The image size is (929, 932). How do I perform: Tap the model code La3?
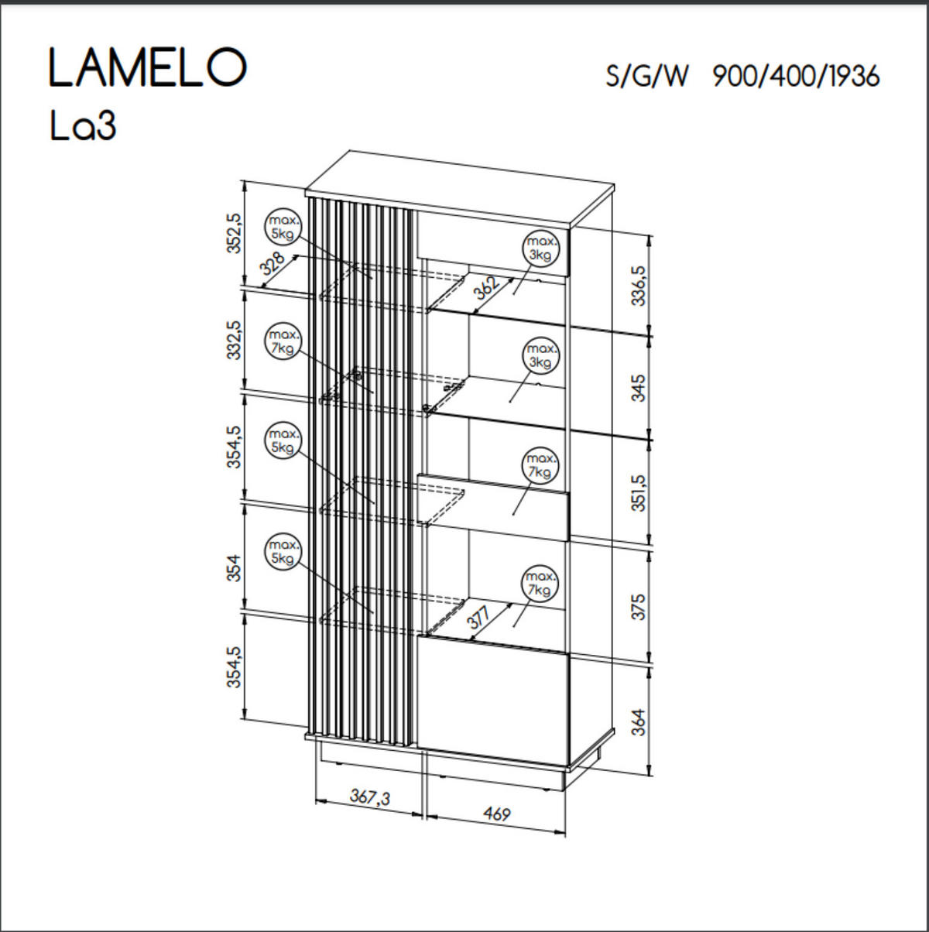(x=83, y=126)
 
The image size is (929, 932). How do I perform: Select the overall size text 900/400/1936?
(x=796, y=76)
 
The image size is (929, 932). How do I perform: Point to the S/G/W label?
(x=646, y=77)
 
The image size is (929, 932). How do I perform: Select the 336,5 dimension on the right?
(x=637, y=286)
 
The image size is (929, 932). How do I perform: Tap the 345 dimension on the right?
(x=637, y=387)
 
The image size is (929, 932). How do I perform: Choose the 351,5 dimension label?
(x=637, y=493)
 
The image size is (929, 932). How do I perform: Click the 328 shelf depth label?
(x=273, y=264)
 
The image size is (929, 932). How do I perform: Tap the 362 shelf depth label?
(x=486, y=287)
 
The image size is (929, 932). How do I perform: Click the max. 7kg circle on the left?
(x=283, y=342)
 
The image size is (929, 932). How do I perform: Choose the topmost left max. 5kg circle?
(x=283, y=225)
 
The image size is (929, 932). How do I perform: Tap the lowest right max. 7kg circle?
(x=540, y=584)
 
